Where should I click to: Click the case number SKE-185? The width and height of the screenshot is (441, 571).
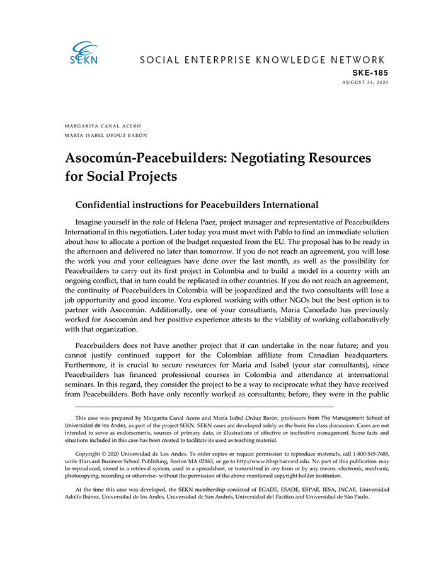370,72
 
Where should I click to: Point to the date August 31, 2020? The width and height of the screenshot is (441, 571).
365,82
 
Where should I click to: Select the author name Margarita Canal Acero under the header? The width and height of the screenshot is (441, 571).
102,126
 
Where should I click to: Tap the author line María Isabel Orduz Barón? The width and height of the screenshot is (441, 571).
106,135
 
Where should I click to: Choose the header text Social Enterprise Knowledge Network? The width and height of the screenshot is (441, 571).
261,61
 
